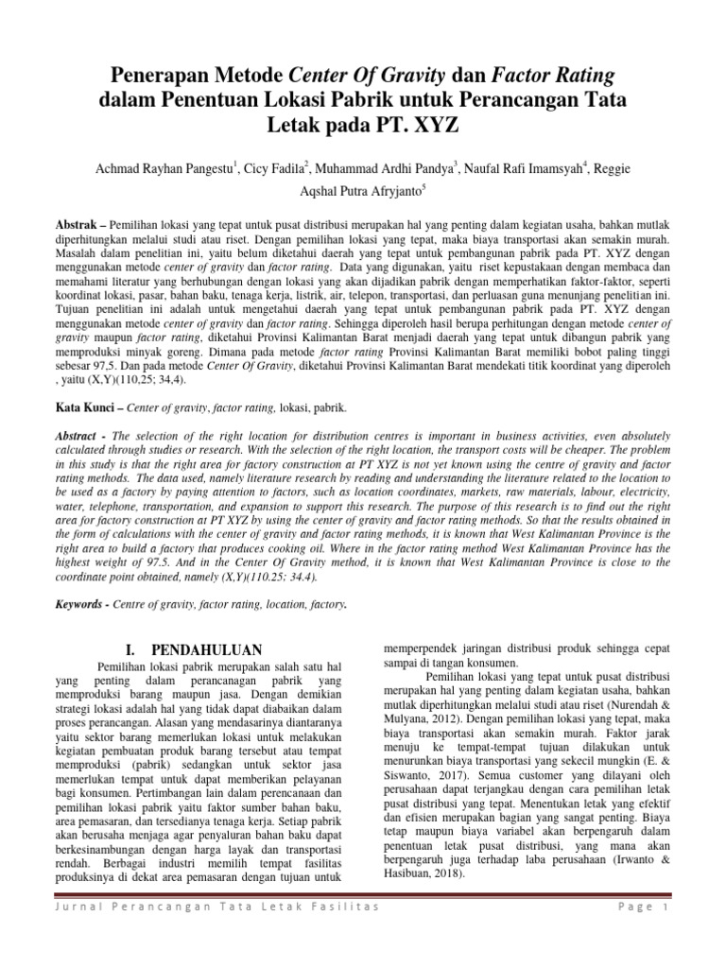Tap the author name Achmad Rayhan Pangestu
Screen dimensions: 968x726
(164, 168)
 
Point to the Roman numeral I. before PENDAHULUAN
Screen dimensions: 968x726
(132, 649)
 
